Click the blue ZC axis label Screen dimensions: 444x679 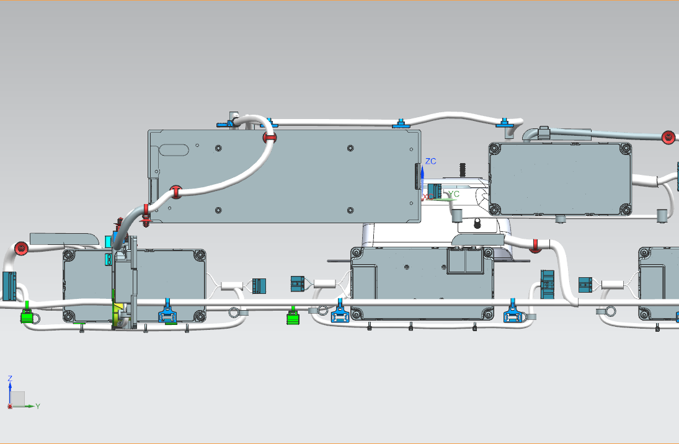(x=431, y=161)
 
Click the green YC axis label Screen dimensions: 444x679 (x=455, y=193)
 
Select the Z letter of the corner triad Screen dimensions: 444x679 (x=10, y=378)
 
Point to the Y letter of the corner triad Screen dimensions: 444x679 (x=38, y=406)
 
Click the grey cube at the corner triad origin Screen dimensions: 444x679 (x=18, y=398)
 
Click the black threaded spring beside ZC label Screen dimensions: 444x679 (x=462, y=169)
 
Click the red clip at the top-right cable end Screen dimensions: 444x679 (x=668, y=137)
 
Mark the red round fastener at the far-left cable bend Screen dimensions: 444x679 (x=21, y=249)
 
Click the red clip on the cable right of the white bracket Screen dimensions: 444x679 (x=535, y=246)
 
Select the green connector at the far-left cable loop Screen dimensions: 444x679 (x=27, y=316)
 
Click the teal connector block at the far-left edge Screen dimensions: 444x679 (x=9, y=285)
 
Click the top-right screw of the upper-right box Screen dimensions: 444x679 (x=624, y=149)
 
